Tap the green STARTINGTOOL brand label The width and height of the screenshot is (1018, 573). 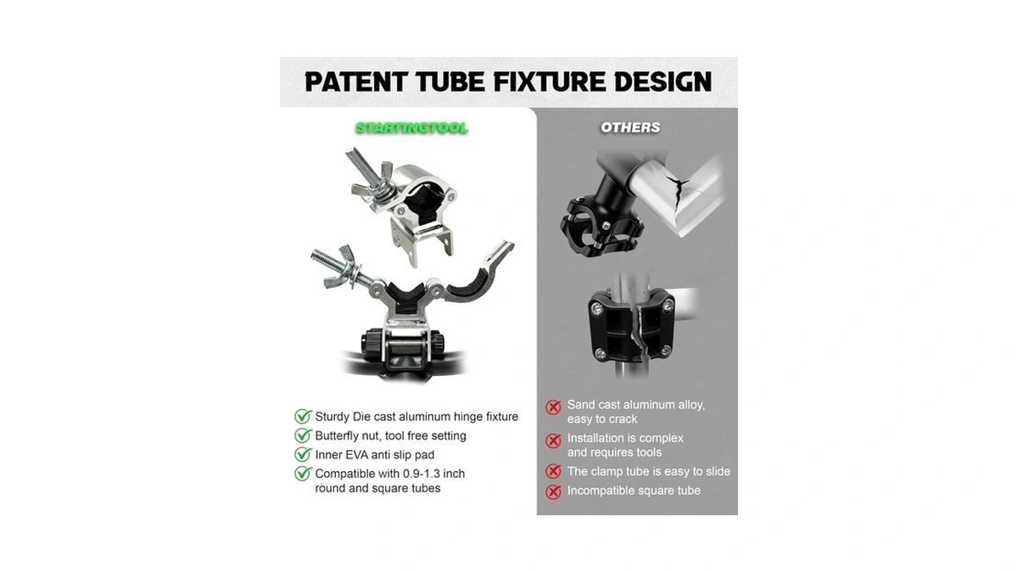tap(411, 128)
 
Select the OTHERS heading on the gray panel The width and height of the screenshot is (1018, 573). tap(630, 128)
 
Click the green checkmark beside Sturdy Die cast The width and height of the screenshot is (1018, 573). tap(303, 416)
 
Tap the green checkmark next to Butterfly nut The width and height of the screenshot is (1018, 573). tap(303, 435)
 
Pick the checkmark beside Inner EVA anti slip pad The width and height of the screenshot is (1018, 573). tap(303, 454)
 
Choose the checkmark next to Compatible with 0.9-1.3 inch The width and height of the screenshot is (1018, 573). tap(303, 474)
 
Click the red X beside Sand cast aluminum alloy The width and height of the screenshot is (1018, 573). tap(553, 407)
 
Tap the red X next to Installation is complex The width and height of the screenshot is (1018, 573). tap(553, 441)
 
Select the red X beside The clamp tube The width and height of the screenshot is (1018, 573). tap(553, 471)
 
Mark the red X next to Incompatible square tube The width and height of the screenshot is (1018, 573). tap(553, 492)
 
